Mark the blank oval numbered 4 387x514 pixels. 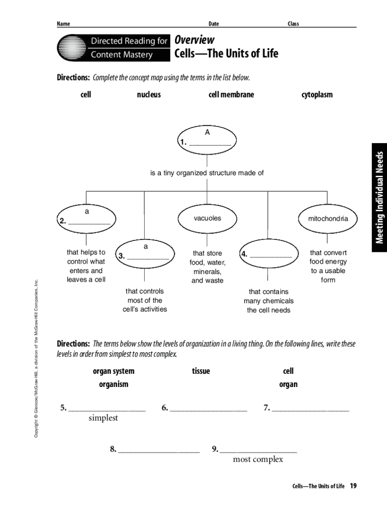pos(266,254)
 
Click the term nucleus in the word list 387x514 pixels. pos(149,94)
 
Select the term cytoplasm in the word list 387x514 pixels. pos(317,94)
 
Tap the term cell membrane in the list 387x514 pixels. pos(231,94)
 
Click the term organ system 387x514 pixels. pos(114,371)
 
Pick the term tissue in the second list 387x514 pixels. pos(201,371)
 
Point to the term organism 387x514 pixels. pos(114,384)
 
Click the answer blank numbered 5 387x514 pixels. pos(107,408)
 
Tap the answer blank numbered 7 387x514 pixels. pos(310,408)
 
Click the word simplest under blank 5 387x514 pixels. pos(103,418)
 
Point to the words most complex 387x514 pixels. pos(258,459)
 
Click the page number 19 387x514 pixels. pos(353,486)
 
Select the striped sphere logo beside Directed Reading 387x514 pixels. pos(71,48)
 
